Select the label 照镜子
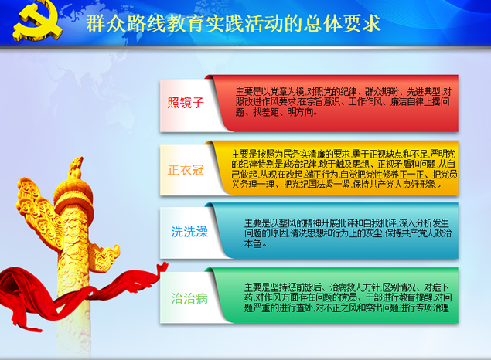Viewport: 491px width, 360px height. [x=186, y=102]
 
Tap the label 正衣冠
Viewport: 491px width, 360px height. [x=186, y=169]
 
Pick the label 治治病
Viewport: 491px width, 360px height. [x=189, y=297]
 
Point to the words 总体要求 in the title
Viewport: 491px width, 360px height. [x=346, y=24]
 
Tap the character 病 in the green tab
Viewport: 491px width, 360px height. [x=202, y=297]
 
